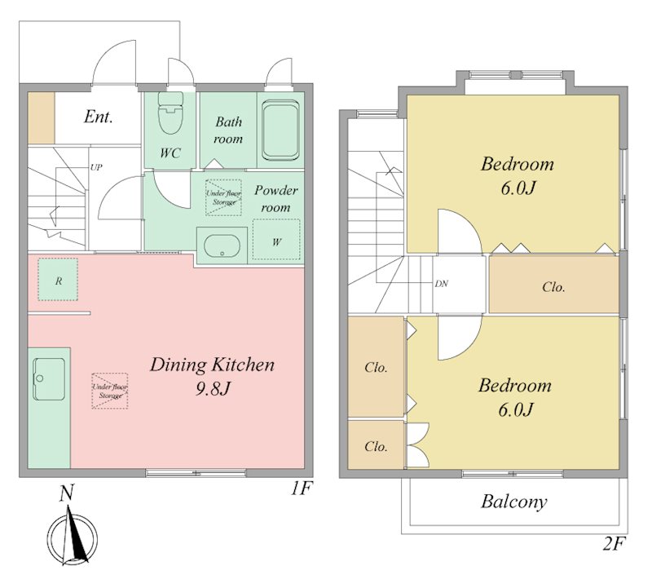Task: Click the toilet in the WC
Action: click(x=170, y=113)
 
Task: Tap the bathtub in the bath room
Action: click(x=280, y=130)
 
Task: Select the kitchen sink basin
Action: click(x=49, y=378)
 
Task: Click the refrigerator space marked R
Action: click(x=58, y=279)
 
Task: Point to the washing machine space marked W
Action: click(x=276, y=240)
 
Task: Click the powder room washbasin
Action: click(x=222, y=246)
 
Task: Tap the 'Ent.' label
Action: click(x=98, y=117)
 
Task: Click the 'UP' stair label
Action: click(x=96, y=168)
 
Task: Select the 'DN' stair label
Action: click(x=442, y=284)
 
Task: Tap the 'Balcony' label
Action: click(x=514, y=502)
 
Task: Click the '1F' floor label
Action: click(x=301, y=489)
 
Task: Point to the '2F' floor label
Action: click(x=615, y=544)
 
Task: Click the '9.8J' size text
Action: click(x=213, y=389)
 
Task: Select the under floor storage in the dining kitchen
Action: click(x=110, y=391)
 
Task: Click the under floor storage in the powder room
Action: click(x=223, y=197)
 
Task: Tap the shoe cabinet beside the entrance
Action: click(x=42, y=118)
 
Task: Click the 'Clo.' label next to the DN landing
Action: click(x=554, y=287)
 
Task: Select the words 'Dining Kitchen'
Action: click(x=212, y=365)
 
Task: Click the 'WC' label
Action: click(x=170, y=153)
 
